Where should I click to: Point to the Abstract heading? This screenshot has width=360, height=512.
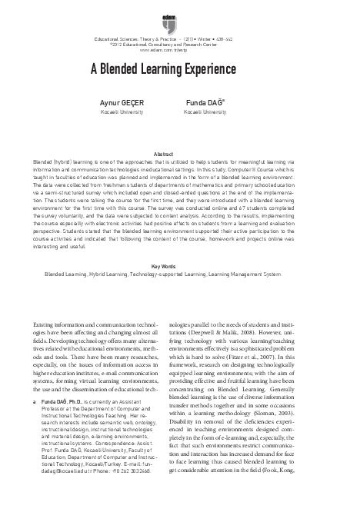(180, 134)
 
